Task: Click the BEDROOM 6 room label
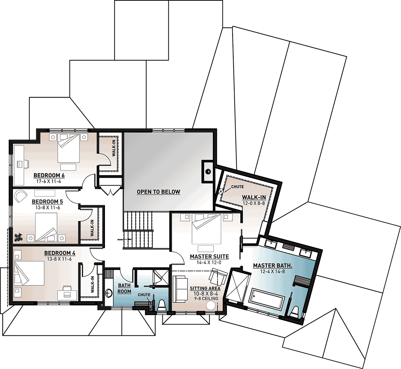pos(49,176)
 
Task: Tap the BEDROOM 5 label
pos(47,202)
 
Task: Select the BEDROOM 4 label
pos(60,253)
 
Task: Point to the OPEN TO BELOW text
pos(158,192)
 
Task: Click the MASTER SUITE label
pos(209,257)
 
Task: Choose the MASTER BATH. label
pos(273,266)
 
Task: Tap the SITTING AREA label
pos(205,288)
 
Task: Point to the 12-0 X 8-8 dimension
pos(254,203)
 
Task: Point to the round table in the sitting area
pos(211,306)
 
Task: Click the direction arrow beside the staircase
pos(124,239)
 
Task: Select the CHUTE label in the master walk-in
pos(238,187)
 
